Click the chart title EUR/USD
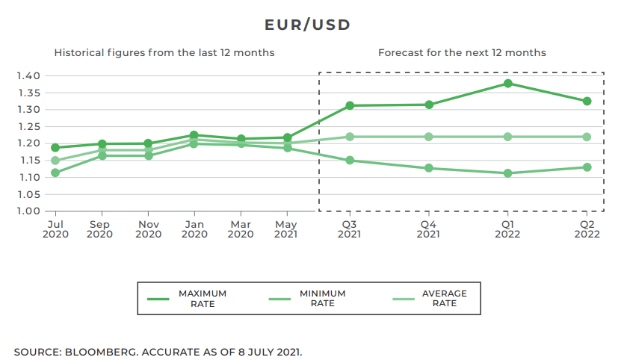point(307,25)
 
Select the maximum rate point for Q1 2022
point(508,84)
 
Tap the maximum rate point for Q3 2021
point(349,105)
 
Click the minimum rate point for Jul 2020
point(55,173)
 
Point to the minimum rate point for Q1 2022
point(508,173)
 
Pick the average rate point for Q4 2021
point(429,137)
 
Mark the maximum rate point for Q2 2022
point(587,101)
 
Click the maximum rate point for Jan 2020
point(194,135)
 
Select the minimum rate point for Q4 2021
point(429,168)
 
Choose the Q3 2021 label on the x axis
point(349,229)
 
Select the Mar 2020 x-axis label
point(241,229)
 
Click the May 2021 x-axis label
point(287,229)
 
